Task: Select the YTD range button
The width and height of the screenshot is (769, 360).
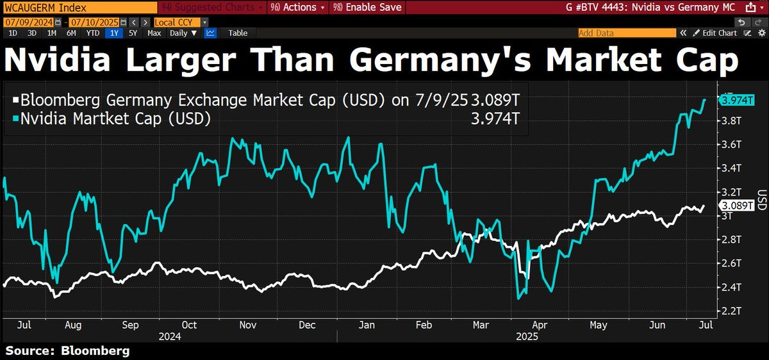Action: tap(93, 33)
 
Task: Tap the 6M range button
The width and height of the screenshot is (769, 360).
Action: tap(71, 33)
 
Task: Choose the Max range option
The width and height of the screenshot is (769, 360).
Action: tap(154, 33)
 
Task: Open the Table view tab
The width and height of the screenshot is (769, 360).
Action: tap(238, 33)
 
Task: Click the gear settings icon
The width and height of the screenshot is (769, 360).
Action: tap(761, 33)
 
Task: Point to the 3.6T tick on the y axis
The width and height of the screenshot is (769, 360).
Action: tap(731, 144)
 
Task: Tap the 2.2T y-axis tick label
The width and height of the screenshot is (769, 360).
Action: tap(731, 311)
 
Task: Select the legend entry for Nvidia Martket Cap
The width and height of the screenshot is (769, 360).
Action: tap(115, 119)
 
